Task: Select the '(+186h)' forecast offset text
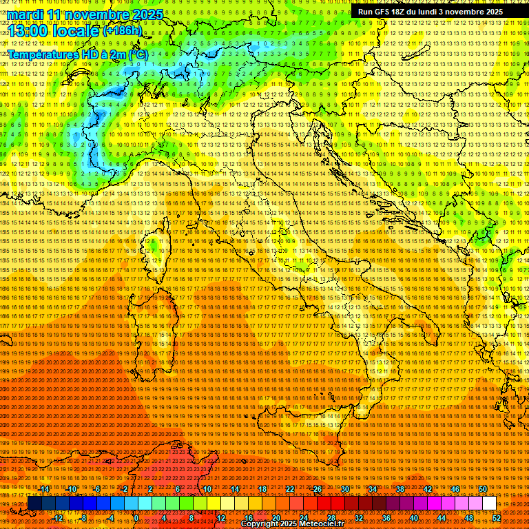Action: coord(122,30)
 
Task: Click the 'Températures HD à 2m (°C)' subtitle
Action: coord(77,54)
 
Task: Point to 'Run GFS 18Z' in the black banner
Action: coord(386,12)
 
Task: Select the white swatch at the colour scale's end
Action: coord(489,504)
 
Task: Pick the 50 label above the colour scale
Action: coord(482,489)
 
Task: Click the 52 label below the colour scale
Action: coord(497,518)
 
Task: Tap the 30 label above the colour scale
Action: coord(344,489)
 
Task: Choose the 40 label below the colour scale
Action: coord(414,518)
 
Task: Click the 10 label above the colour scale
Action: coord(207,489)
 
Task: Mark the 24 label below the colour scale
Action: coord(304,518)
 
